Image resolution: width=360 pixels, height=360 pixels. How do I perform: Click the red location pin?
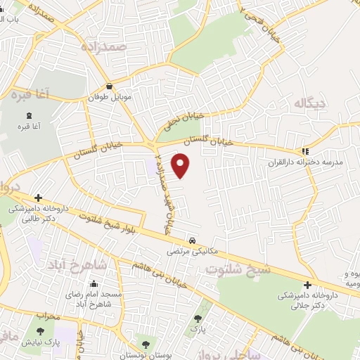coord(182,166)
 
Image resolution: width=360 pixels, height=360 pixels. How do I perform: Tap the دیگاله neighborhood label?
coord(311,104)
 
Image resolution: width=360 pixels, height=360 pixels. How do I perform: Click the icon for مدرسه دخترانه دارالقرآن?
coord(304,151)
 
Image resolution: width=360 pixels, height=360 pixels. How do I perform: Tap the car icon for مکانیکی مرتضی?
coord(192,239)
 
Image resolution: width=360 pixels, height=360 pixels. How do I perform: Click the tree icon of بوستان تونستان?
coord(146,344)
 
